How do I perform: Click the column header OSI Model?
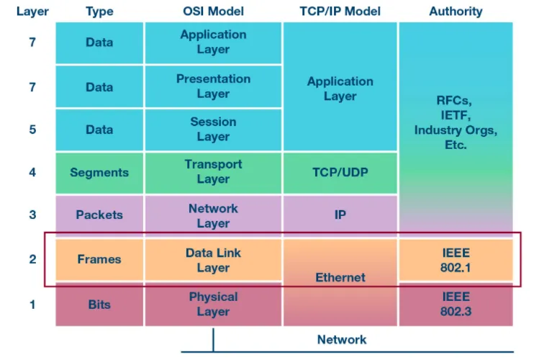point(213,12)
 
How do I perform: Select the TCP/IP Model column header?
point(340,12)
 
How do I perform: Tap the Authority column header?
point(456,12)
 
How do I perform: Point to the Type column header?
point(99,12)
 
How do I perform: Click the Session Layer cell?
point(213,130)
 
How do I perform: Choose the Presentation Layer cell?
point(213,86)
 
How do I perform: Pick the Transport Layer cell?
point(213,173)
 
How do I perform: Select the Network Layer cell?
point(213,216)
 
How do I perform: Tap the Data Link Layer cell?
point(213,260)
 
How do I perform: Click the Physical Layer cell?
point(213,304)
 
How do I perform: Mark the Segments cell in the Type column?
point(99,173)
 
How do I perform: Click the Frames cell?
point(99,259)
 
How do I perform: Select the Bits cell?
point(99,304)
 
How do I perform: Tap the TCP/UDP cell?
point(340,173)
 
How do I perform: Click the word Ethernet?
point(340,278)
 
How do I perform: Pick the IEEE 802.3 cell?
point(456,304)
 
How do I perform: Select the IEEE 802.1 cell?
point(456,260)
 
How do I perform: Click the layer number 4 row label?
point(32,172)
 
